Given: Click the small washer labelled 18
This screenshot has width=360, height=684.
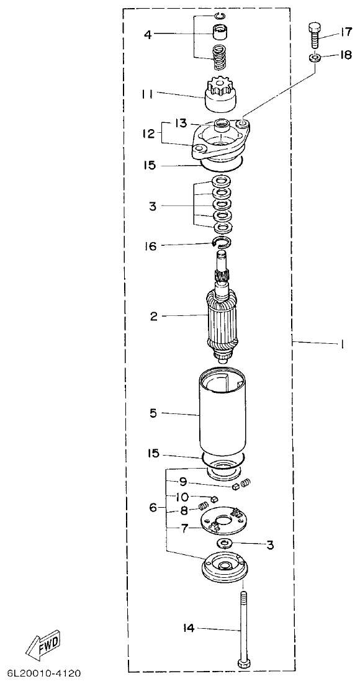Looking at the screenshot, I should tap(315, 58).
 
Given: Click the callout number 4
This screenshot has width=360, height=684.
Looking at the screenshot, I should tap(148, 34).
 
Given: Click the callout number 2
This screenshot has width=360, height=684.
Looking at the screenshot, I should tap(153, 316).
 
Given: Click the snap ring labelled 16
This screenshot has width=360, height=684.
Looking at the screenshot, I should tap(222, 241).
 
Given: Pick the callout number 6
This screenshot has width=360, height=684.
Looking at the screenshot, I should tap(153, 507).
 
